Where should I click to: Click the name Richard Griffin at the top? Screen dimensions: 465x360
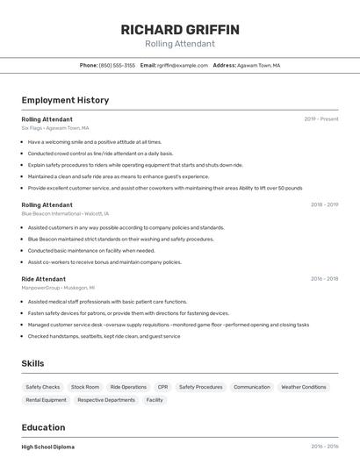[x=180, y=30]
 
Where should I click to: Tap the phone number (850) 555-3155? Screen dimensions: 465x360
[x=117, y=65]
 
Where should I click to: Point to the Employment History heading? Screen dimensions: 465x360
[x=65, y=100]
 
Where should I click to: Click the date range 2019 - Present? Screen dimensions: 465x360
[x=321, y=119]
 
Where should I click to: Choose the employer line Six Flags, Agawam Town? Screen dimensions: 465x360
[x=55, y=127]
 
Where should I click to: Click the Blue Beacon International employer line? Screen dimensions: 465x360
[x=65, y=213]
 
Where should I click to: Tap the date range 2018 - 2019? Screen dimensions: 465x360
[x=324, y=205]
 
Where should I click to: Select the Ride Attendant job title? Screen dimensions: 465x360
[x=43, y=279]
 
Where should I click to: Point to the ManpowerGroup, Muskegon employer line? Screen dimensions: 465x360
[x=58, y=287]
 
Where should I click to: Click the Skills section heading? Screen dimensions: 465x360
[x=33, y=363]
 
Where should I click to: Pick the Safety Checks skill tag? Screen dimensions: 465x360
[x=43, y=387]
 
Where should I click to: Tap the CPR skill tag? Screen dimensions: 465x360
[x=162, y=387]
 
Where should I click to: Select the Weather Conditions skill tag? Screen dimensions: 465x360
[x=303, y=387]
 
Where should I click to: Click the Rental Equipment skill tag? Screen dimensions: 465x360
[x=46, y=400]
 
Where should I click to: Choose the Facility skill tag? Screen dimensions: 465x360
[x=155, y=400]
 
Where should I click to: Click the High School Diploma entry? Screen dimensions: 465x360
[x=48, y=447]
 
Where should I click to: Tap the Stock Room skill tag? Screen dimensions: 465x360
[x=85, y=387]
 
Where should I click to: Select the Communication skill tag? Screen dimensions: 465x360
[x=251, y=387]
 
